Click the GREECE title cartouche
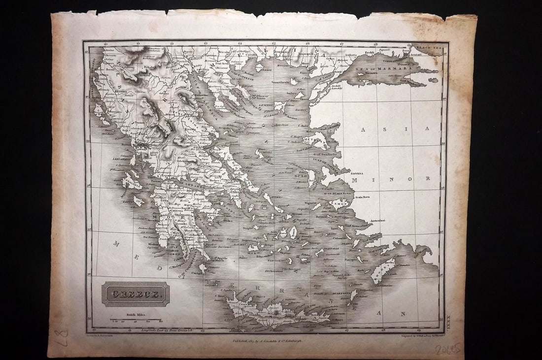pos(135,294)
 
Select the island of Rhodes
pos(384,271)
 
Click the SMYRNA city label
pos(357,173)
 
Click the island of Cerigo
pos(202,268)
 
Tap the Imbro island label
pos(293,92)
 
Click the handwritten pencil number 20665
pos(448,349)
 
